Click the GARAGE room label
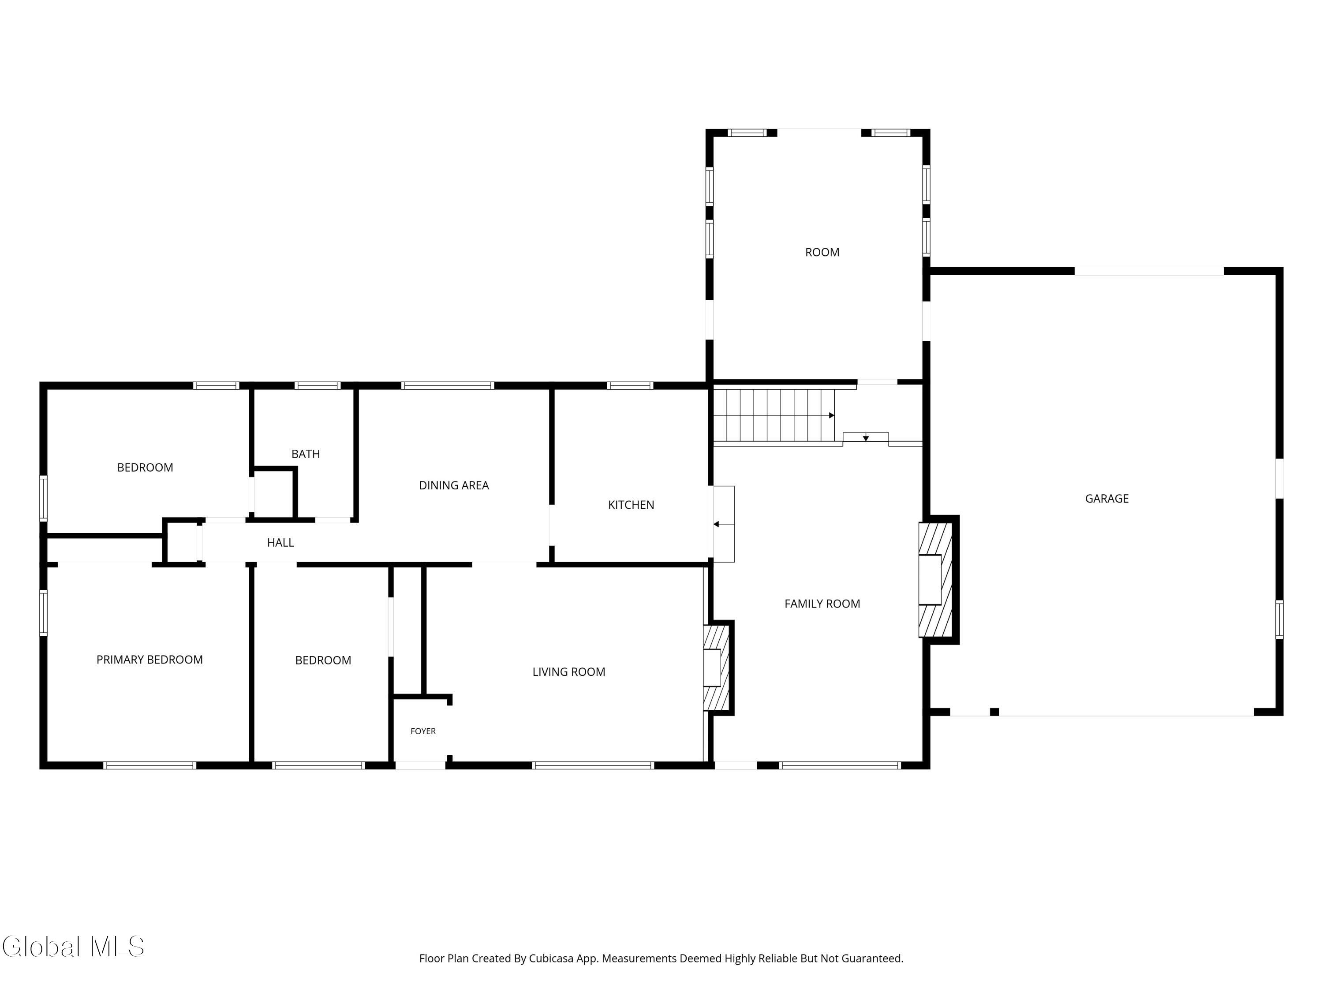tap(1106, 498)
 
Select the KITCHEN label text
tap(631, 505)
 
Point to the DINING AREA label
tap(454, 485)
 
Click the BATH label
tap(306, 454)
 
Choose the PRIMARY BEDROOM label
tap(149, 660)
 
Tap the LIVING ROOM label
tap(569, 671)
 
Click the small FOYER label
tap(423, 731)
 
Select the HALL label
tap(280, 542)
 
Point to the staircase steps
tap(774, 415)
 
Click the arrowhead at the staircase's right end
tap(831, 415)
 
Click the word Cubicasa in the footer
tap(551, 958)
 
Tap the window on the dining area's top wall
tap(447, 386)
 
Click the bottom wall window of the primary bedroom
tap(149, 765)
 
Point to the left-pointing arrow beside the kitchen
tap(723, 524)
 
